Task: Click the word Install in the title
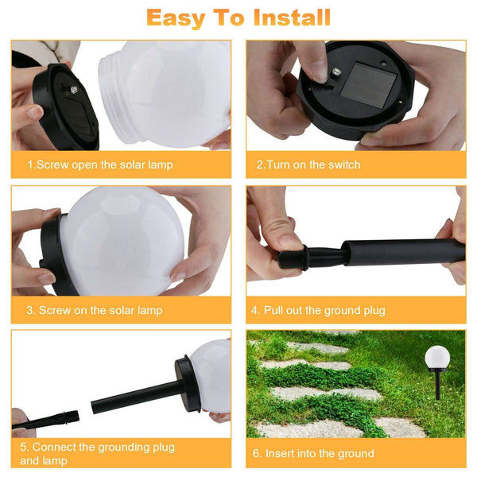coord(285,17)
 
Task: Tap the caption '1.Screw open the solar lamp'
coord(100,165)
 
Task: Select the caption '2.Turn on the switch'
coord(308,165)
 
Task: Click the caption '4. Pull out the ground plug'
coord(317,309)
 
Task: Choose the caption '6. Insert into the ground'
coord(313,453)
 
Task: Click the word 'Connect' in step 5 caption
coord(56,448)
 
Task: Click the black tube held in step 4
coord(397,251)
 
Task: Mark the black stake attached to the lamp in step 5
coord(135,395)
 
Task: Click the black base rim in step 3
coord(49,254)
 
